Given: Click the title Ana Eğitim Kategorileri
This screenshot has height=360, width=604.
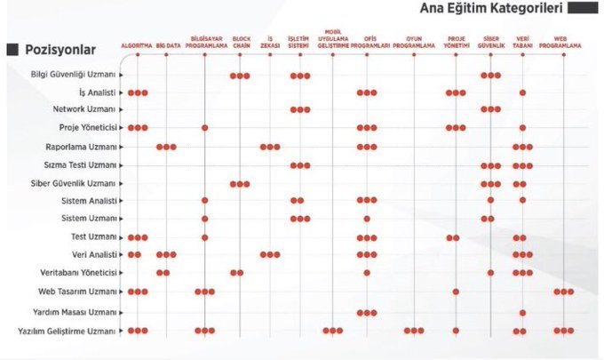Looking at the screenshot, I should pyautogui.click(x=490, y=9).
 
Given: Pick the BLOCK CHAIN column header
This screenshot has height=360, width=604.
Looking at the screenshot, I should pyautogui.click(x=240, y=42).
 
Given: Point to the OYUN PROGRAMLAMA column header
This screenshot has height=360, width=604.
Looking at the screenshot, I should pyautogui.click(x=414, y=42).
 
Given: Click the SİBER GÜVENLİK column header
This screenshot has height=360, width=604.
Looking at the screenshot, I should pyautogui.click(x=490, y=42).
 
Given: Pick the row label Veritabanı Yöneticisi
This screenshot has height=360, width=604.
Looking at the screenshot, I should pyautogui.click(x=78, y=272).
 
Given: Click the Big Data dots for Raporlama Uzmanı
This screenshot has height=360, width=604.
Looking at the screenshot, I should pyautogui.click(x=166, y=147).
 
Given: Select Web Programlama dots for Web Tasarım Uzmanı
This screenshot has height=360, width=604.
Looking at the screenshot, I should pyautogui.click(x=564, y=292).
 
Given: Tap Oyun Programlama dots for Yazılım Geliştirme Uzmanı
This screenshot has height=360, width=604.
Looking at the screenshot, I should pyautogui.click(x=414, y=331).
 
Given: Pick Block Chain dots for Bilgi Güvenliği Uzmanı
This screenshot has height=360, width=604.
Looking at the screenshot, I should pyautogui.click(x=240, y=76).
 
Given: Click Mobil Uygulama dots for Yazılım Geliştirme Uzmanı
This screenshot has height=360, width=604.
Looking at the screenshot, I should pyautogui.click(x=333, y=331).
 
